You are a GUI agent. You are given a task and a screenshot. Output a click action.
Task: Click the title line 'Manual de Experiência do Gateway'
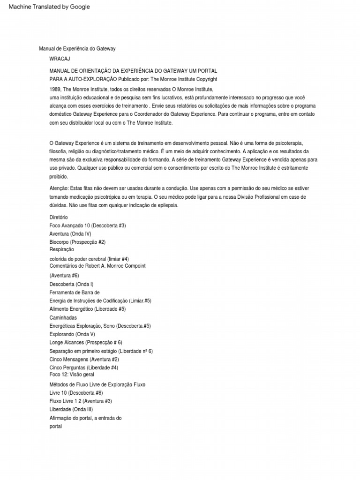point(77,49)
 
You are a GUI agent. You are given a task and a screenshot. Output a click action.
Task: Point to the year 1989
point(55,89)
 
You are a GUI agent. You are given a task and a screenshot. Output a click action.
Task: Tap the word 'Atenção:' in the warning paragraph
point(59,187)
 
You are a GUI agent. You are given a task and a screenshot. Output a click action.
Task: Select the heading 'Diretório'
point(59,217)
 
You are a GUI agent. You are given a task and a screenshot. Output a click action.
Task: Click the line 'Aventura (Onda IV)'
point(70,234)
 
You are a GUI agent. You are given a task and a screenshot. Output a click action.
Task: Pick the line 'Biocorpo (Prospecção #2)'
point(77,242)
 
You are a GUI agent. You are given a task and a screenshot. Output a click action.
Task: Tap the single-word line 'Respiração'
point(61,249)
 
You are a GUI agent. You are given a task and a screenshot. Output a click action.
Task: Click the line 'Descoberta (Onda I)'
point(72,284)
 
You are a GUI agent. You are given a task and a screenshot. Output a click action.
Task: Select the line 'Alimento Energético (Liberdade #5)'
point(87,309)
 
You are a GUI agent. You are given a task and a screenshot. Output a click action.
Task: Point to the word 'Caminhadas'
point(63,318)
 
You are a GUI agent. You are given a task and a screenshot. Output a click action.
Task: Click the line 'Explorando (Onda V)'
point(72,334)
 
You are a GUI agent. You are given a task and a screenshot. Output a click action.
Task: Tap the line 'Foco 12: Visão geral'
point(72,375)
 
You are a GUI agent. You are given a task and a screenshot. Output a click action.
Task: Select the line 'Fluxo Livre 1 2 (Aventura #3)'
point(80,401)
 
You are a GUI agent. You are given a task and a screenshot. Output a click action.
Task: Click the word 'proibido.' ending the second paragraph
point(59,177)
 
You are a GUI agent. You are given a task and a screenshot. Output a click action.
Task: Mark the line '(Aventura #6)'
point(64,276)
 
